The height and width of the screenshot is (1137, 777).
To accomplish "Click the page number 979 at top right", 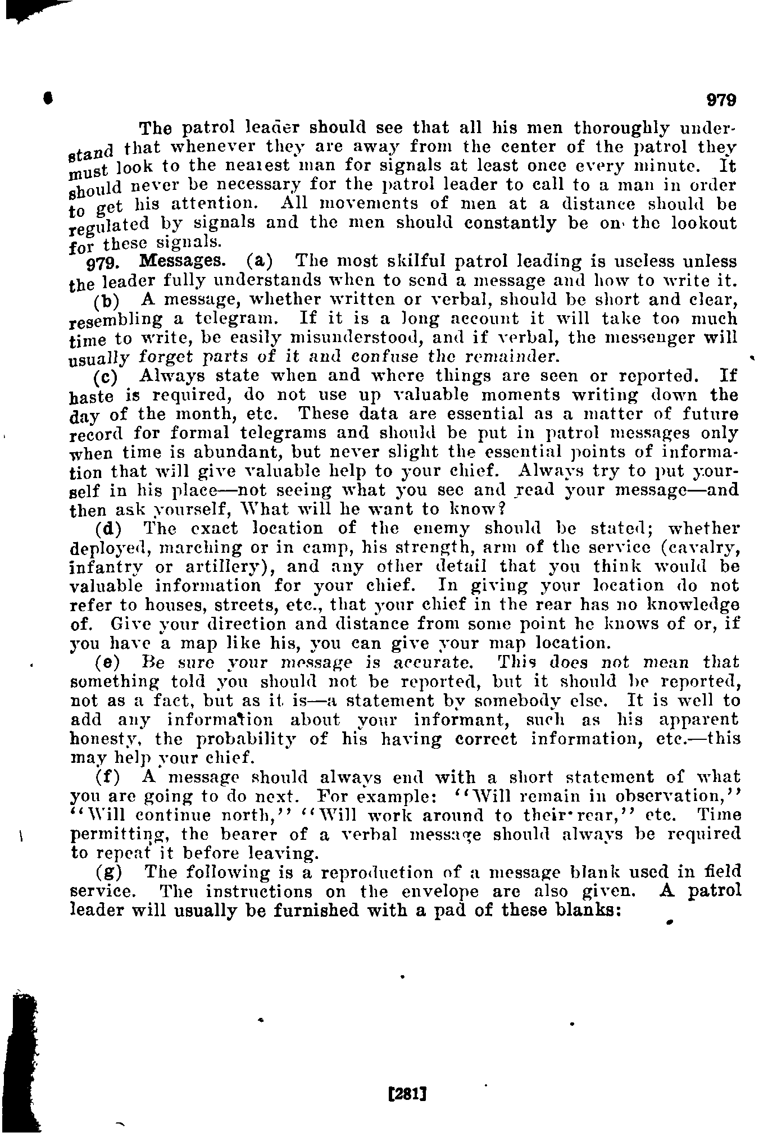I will click(721, 101).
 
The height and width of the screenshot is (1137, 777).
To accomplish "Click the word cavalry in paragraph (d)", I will click(703, 548).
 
